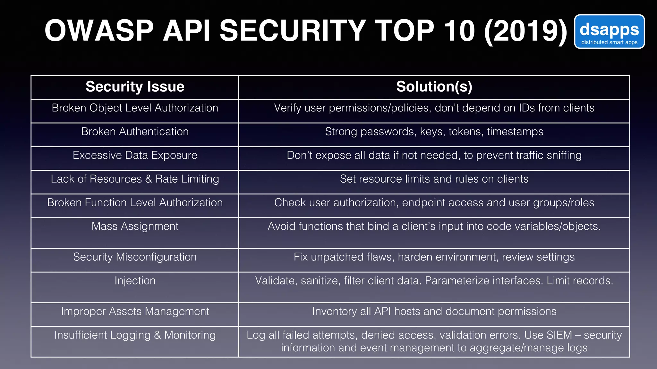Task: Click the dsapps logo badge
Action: pos(609,32)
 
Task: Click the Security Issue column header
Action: pos(135,87)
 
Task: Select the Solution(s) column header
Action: pos(434,87)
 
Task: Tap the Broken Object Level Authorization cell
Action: pos(135,108)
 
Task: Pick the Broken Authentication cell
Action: pos(135,132)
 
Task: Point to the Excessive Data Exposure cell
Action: pos(135,155)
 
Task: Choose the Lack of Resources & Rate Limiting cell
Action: pos(135,179)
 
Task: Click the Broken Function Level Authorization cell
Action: pos(135,203)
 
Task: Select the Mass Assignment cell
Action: pos(135,226)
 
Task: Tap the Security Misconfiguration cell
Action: pos(135,257)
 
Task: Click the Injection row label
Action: pos(135,281)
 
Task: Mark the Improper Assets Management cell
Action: pos(135,312)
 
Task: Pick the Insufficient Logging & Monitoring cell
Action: pos(135,335)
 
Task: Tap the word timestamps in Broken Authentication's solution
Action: pos(515,132)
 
